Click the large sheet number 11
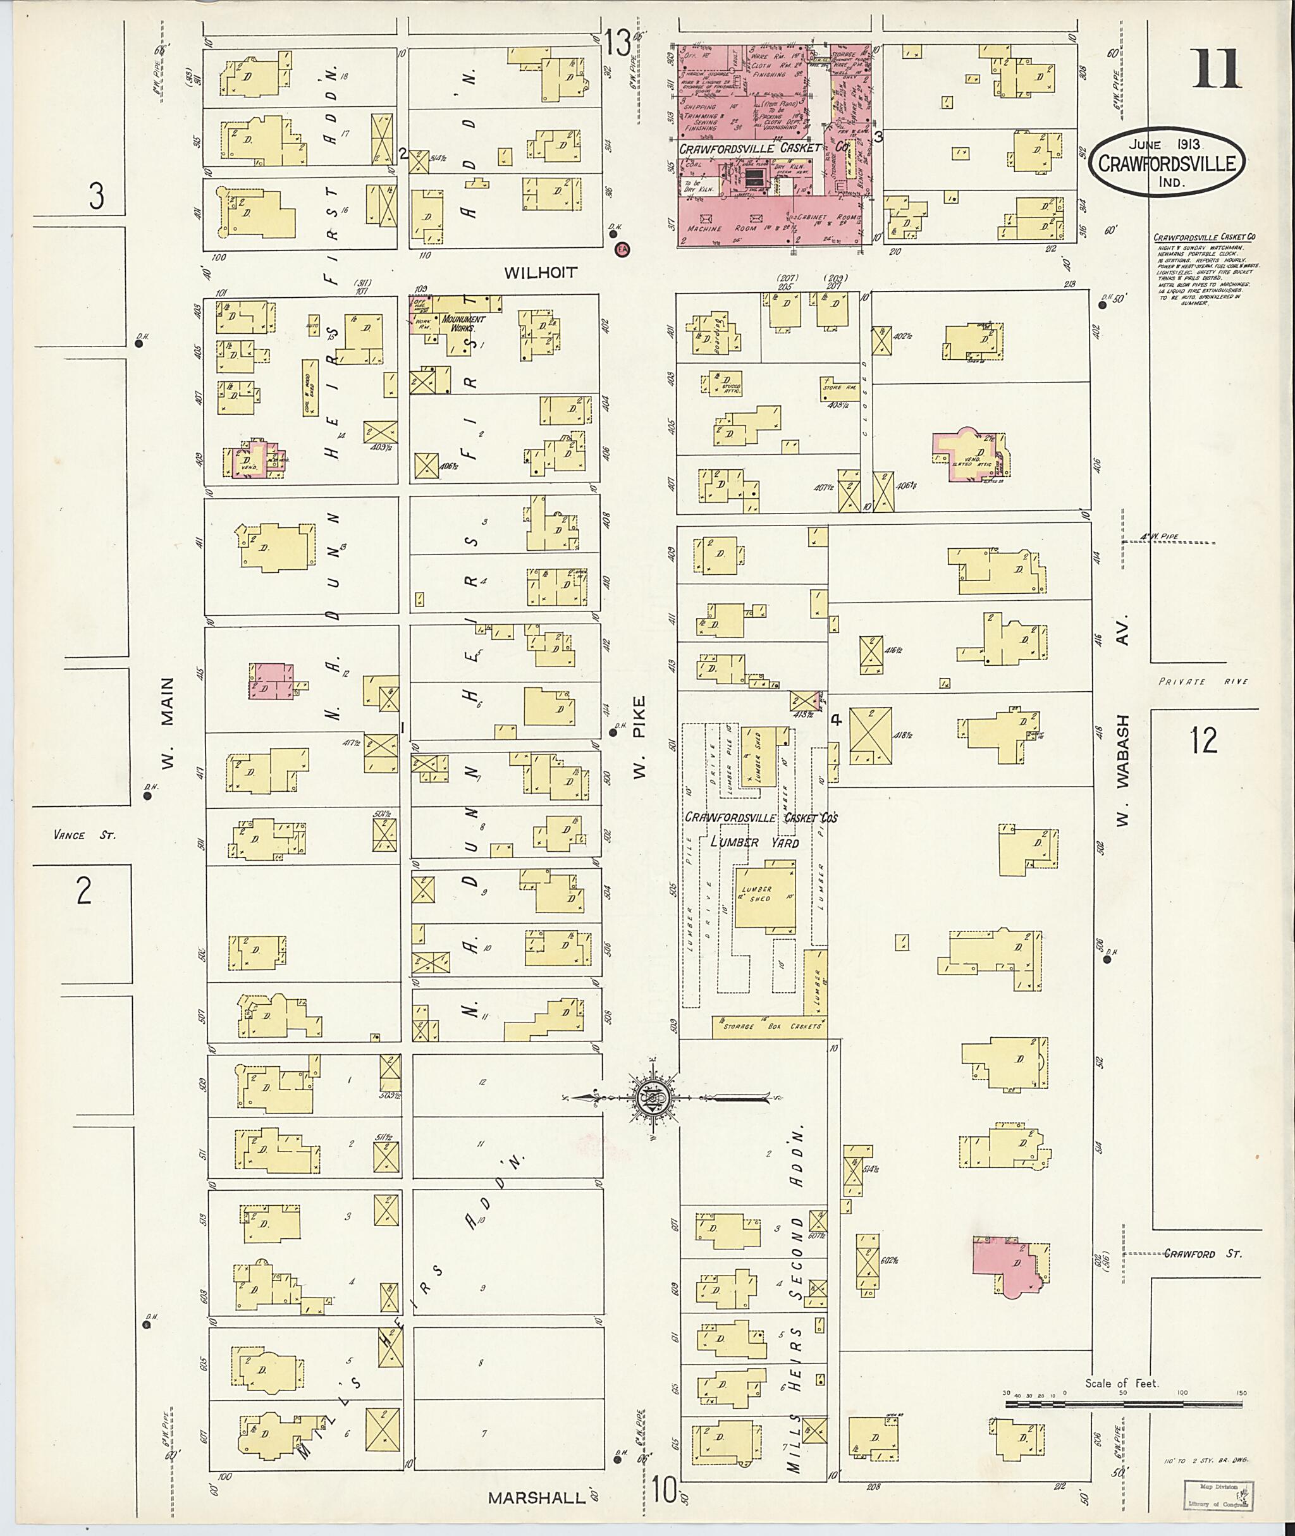[1217, 69]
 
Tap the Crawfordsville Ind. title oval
[1171, 164]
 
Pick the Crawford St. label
[1203, 1254]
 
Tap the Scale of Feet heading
[1122, 1383]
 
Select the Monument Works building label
[462, 324]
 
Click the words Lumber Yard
[754, 843]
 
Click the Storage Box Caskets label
[770, 1026]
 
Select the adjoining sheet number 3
[97, 197]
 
